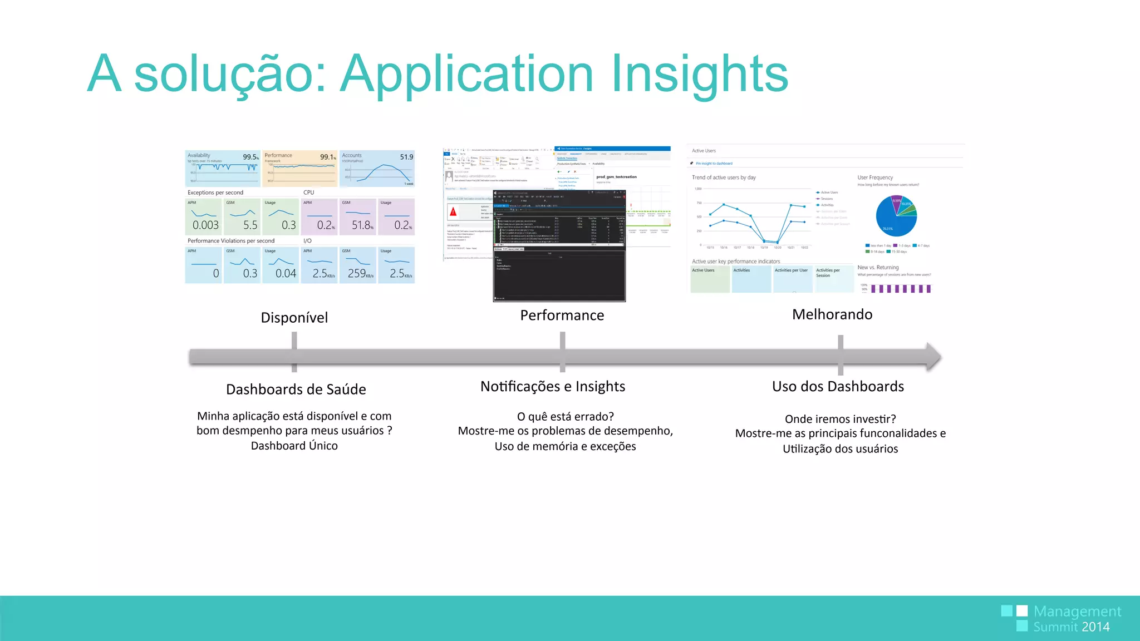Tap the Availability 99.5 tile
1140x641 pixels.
click(x=223, y=168)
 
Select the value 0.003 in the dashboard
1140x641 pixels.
click(x=205, y=225)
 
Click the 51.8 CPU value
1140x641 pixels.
click(x=361, y=225)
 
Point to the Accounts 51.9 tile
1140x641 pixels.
click(x=377, y=168)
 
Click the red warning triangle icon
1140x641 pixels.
click(x=453, y=211)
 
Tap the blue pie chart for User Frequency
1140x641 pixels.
click(x=896, y=216)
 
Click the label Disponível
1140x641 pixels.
click(x=294, y=318)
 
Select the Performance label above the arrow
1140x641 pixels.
click(x=562, y=315)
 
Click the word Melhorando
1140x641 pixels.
click(x=832, y=314)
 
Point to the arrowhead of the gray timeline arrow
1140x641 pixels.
click(x=933, y=357)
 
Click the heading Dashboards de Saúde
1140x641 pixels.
click(x=296, y=389)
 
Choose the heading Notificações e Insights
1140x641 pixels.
click(x=552, y=387)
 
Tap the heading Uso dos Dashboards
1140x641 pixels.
click(x=837, y=387)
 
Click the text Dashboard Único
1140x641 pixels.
click(x=294, y=446)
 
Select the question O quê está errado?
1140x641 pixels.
click(x=565, y=417)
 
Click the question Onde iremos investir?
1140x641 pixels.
click(x=839, y=419)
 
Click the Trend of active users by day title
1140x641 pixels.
click(x=723, y=177)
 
